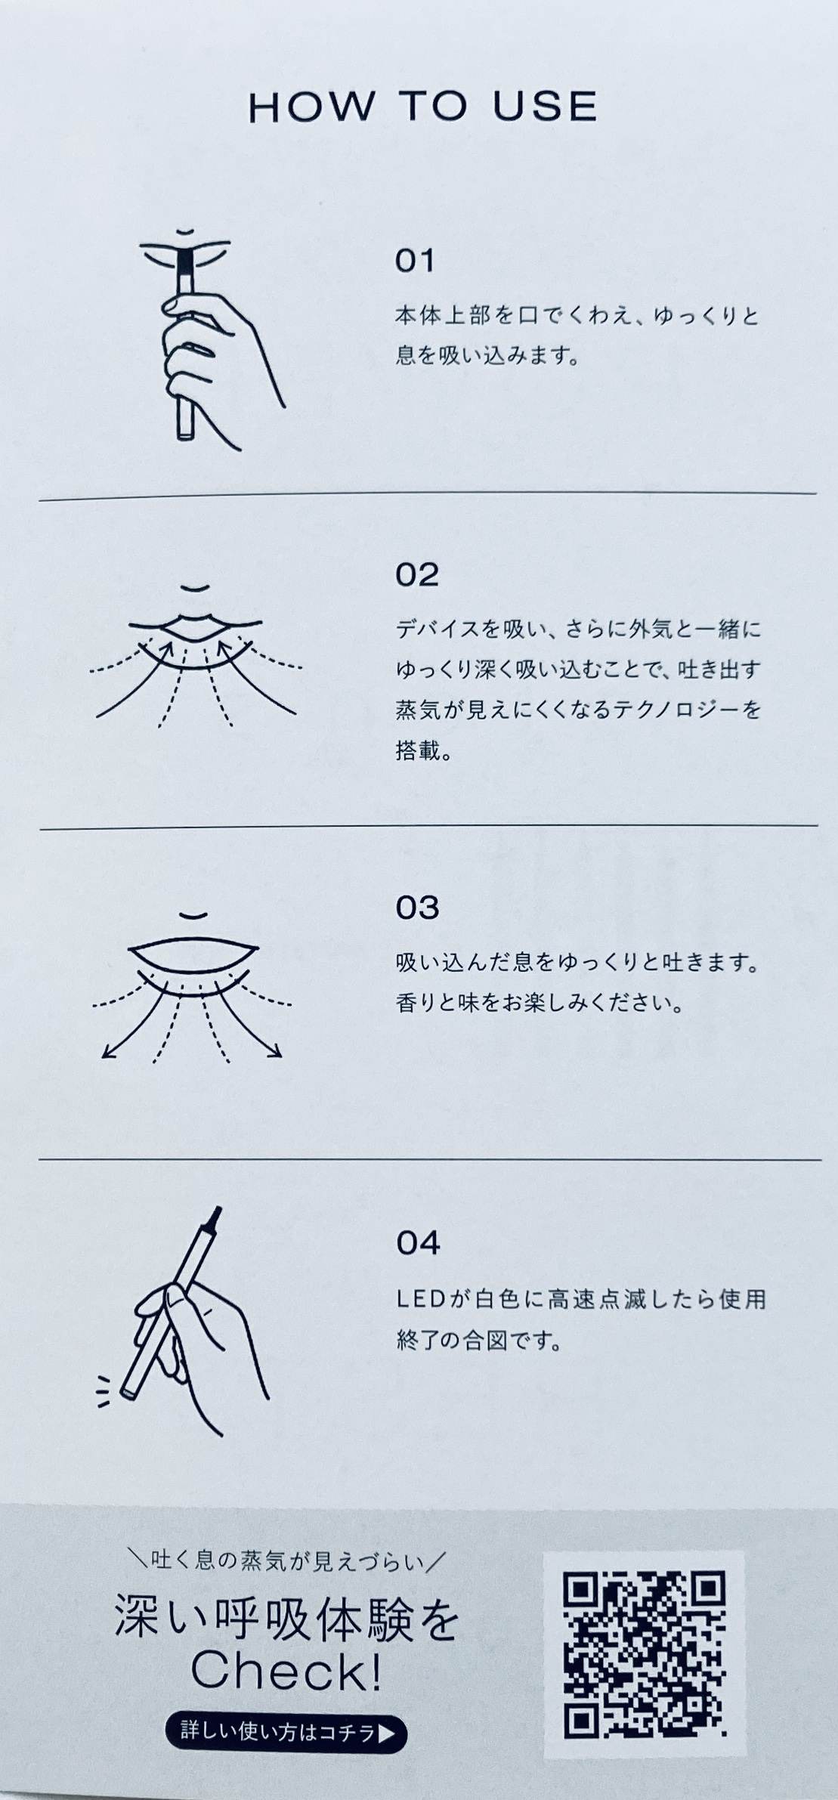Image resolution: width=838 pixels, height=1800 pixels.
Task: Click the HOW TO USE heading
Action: [422, 107]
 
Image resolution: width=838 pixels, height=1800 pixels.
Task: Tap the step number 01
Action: [415, 261]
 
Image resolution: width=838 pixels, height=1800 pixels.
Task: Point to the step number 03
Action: [417, 908]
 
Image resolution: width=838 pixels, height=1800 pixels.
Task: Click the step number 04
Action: [418, 1243]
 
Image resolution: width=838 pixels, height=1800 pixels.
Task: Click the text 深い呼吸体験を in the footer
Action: [286, 1623]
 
